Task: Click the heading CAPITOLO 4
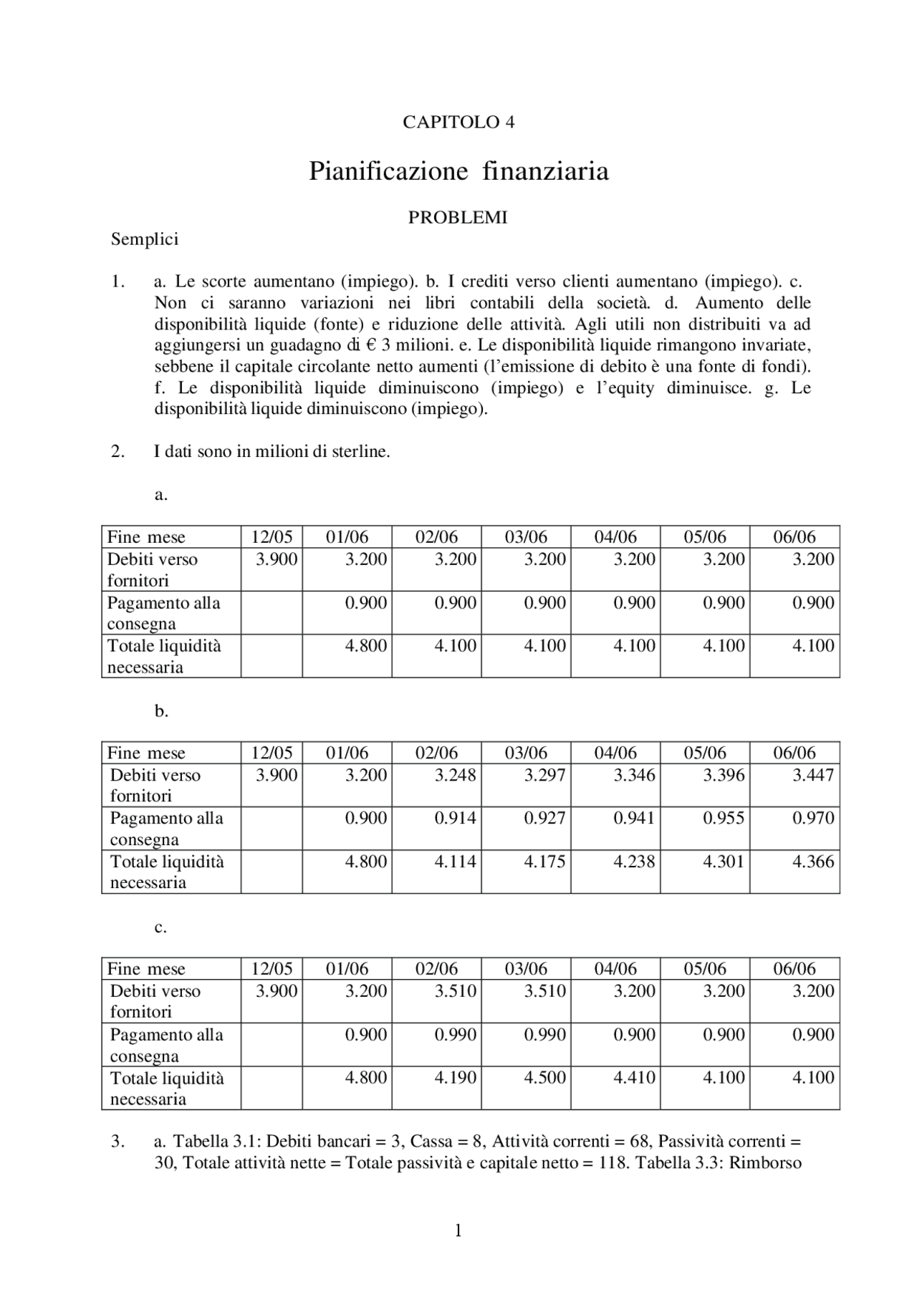click(458, 122)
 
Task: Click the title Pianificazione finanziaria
click(458, 171)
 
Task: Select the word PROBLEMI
click(458, 218)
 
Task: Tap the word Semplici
click(144, 239)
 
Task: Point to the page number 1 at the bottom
click(458, 1231)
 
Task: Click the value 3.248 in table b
click(455, 775)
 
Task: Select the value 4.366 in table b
click(813, 862)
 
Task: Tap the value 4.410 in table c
click(634, 1078)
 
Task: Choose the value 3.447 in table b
click(813, 775)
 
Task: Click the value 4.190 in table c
click(455, 1078)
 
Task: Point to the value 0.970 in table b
click(813, 818)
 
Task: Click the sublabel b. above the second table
click(161, 711)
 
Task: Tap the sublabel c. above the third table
click(160, 927)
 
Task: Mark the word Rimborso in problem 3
click(765, 1162)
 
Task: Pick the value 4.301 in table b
click(724, 862)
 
